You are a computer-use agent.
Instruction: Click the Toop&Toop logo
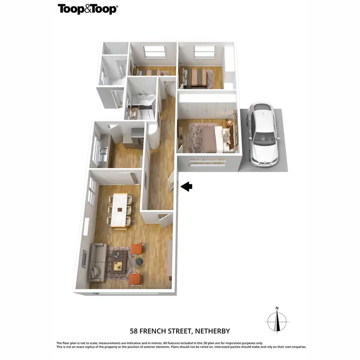click(88, 9)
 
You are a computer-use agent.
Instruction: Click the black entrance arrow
click(186, 187)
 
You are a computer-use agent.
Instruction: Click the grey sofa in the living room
click(97, 262)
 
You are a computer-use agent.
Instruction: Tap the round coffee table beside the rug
click(139, 261)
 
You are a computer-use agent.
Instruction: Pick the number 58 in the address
click(135, 331)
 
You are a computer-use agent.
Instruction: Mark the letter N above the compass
click(277, 308)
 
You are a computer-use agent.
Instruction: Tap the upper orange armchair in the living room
click(137, 248)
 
